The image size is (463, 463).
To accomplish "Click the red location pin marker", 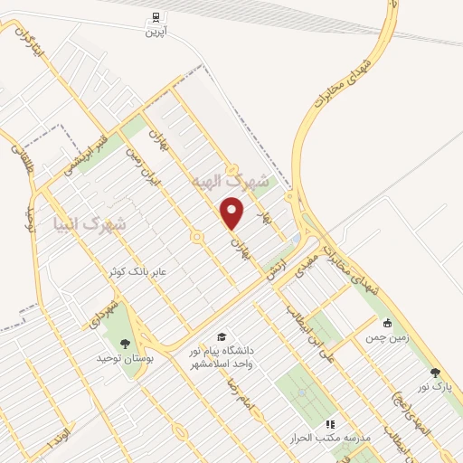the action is pos(233,213).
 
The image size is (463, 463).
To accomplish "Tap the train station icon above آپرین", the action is pos(156,16).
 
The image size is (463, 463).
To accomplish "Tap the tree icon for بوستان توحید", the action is pos(124,343).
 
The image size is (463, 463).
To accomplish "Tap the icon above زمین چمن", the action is pos(387,324).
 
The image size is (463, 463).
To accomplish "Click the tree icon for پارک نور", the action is pos(436,371).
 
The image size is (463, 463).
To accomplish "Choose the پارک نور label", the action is pos(435,386).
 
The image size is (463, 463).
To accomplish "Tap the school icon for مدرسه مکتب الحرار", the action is pos(330,422).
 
